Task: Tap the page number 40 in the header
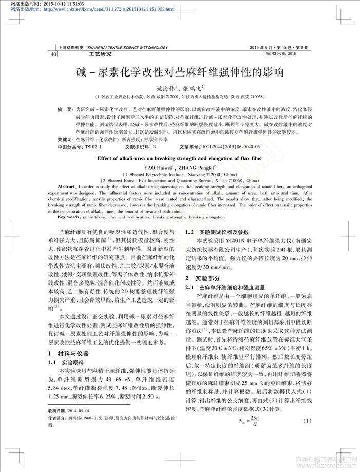click(x=54, y=53)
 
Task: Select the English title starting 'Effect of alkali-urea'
click(x=180, y=159)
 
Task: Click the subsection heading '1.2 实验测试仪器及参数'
click(x=217, y=232)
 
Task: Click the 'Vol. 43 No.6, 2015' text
click(x=281, y=53)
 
